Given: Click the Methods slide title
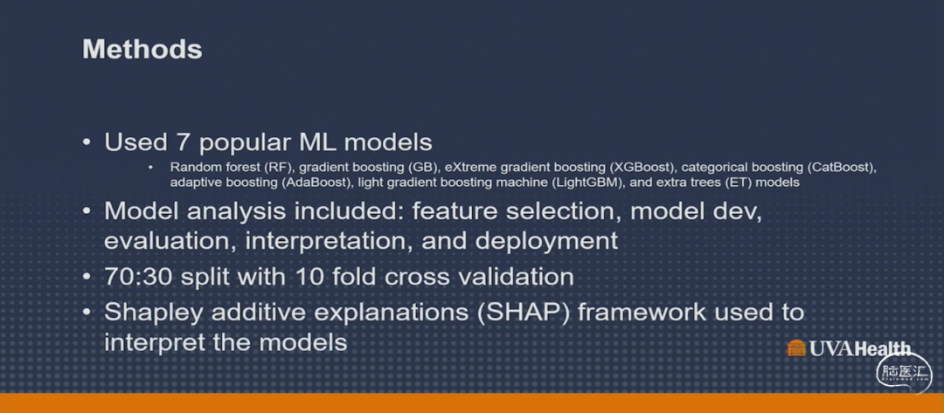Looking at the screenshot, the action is click(142, 49).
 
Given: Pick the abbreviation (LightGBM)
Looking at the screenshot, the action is click(587, 182).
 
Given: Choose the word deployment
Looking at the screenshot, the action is click(545, 242).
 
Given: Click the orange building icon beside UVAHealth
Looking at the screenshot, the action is click(796, 348).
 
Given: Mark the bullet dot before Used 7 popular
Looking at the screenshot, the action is click(87, 144).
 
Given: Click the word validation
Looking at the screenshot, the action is click(513, 277).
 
